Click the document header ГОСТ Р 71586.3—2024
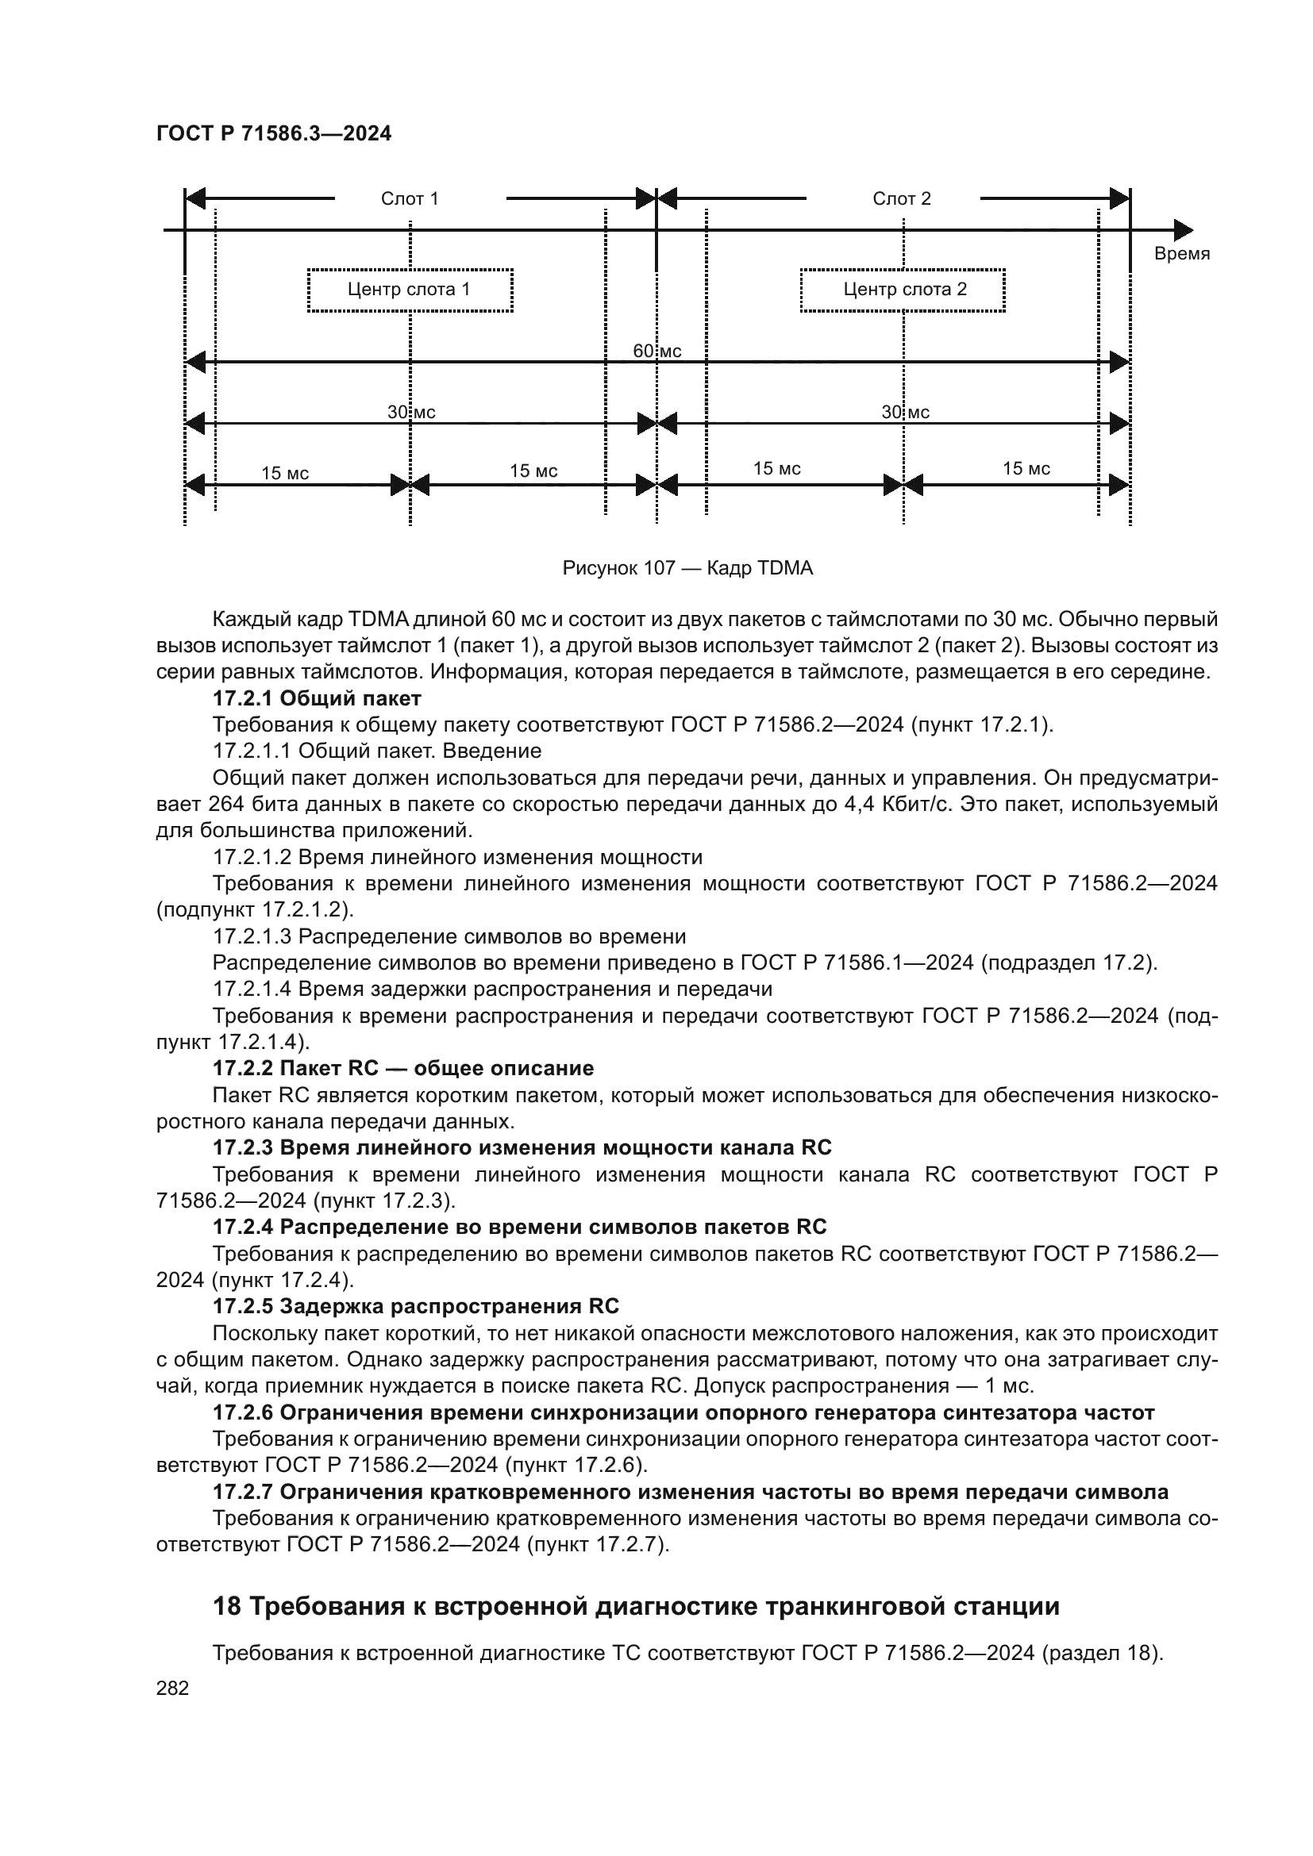tap(273, 133)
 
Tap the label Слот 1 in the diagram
tap(409, 199)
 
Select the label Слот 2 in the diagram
tap(902, 199)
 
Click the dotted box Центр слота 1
tap(410, 290)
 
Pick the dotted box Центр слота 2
tap(903, 290)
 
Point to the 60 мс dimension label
tap(656, 351)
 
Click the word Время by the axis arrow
tap(1181, 254)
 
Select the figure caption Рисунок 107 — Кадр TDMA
tap(687, 568)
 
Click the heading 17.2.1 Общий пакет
tap(317, 697)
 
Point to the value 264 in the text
tap(227, 805)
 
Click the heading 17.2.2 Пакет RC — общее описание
tap(402, 1068)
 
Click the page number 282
tap(172, 1688)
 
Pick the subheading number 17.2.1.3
tap(252, 936)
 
